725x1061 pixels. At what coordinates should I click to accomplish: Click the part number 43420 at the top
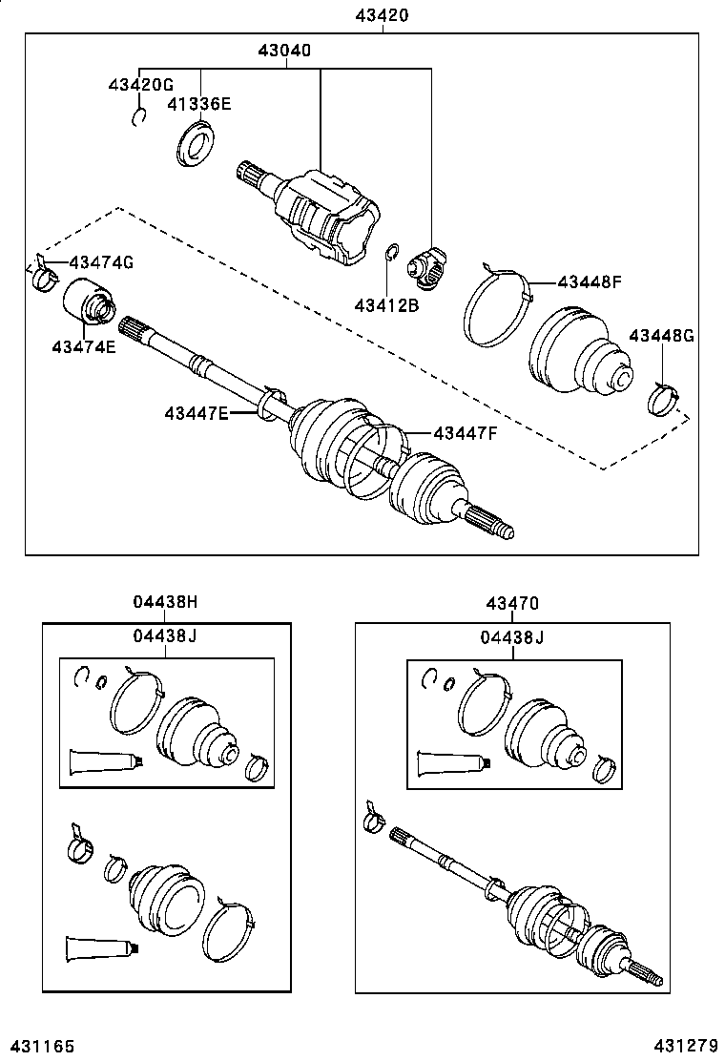pos(383,13)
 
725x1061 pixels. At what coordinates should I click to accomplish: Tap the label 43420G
pos(139,85)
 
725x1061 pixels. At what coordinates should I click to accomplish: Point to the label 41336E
pos(200,104)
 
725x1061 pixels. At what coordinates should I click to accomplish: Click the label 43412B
pos(386,305)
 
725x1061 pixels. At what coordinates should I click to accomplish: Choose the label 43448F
pos(589,281)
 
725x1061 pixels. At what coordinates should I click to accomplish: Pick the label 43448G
pos(662,335)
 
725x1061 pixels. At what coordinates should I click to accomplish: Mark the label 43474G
pos(100,262)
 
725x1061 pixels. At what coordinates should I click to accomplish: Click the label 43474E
pos(84,346)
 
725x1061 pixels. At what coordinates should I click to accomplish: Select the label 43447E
pos(197,412)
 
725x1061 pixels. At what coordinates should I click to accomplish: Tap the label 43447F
pos(466,432)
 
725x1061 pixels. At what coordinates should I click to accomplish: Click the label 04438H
pos(165,602)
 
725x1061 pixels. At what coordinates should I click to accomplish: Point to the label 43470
pos(512,602)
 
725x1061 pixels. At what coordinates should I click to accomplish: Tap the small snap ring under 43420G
pos(139,116)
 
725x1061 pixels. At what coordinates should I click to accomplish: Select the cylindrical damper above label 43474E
pos(87,303)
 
